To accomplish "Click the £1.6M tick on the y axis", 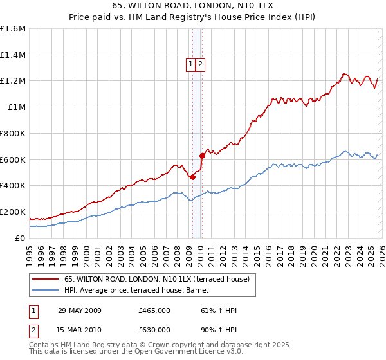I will (x=13, y=29).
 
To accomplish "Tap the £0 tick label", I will (x=21, y=238).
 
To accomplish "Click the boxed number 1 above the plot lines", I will (x=191, y=64).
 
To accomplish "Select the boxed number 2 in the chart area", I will (x=201, y=64).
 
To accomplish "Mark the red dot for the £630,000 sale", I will (x=202, y=155).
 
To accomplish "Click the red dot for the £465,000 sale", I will (x=192, y=177).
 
